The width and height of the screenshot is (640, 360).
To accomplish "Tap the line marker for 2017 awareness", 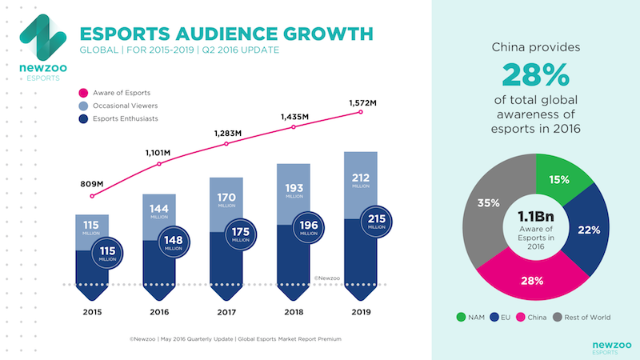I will (226, 144).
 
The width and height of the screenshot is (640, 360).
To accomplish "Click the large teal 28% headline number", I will (535, 76).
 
